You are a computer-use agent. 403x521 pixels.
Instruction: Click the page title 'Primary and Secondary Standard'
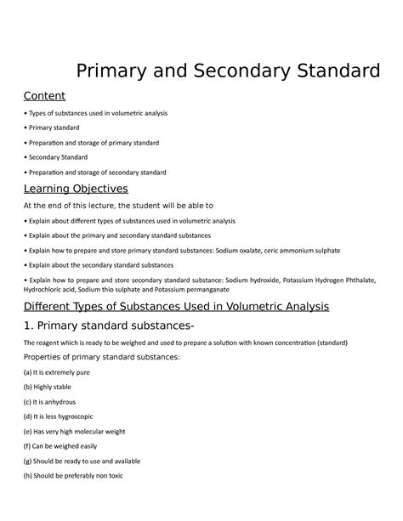click(228, 69)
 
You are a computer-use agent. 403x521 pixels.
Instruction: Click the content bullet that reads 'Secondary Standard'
click(62, 157)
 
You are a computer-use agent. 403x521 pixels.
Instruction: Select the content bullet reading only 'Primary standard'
click(59, 128)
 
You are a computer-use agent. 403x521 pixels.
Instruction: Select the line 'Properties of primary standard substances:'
click(101, 357)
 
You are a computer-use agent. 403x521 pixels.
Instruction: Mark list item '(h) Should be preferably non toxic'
click(74, 475)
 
